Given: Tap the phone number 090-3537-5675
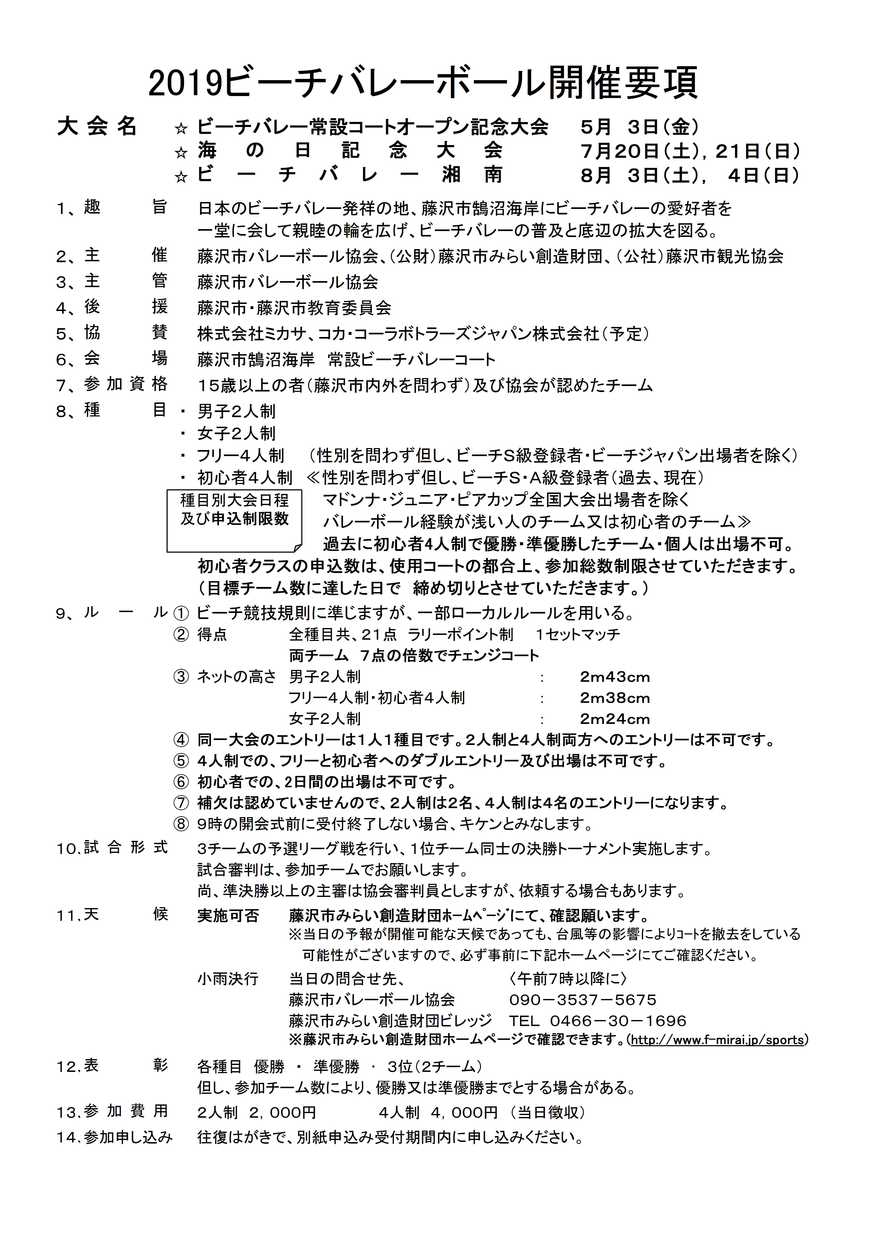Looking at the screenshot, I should pyautogui.click(x=582, y=1000).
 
